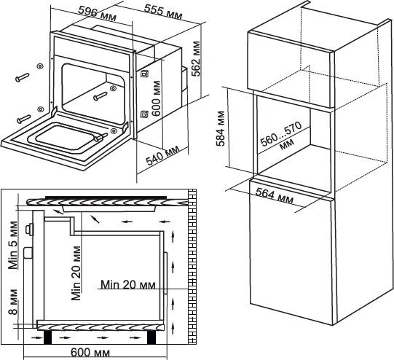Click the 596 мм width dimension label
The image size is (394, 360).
98,14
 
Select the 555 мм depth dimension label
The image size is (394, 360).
163,12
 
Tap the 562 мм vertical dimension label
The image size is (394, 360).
196,58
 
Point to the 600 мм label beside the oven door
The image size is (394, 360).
156,98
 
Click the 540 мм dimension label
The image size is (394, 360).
163,155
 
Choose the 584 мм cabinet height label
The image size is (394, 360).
221,128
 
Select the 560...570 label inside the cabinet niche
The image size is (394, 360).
281,136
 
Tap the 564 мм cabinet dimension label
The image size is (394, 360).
275,196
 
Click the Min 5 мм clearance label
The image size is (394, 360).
13,246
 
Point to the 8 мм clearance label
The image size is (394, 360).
13,302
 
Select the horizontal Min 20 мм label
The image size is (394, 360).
128,285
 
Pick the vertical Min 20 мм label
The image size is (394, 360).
76,273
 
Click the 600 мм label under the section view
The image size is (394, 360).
90,353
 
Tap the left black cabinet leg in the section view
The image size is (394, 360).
48,337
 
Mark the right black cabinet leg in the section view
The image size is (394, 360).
151,337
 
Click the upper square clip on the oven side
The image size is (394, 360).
144,74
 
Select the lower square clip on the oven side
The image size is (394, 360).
144,114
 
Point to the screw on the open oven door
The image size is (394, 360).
101,138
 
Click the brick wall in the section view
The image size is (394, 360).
192,267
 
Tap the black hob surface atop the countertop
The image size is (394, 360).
106,197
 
